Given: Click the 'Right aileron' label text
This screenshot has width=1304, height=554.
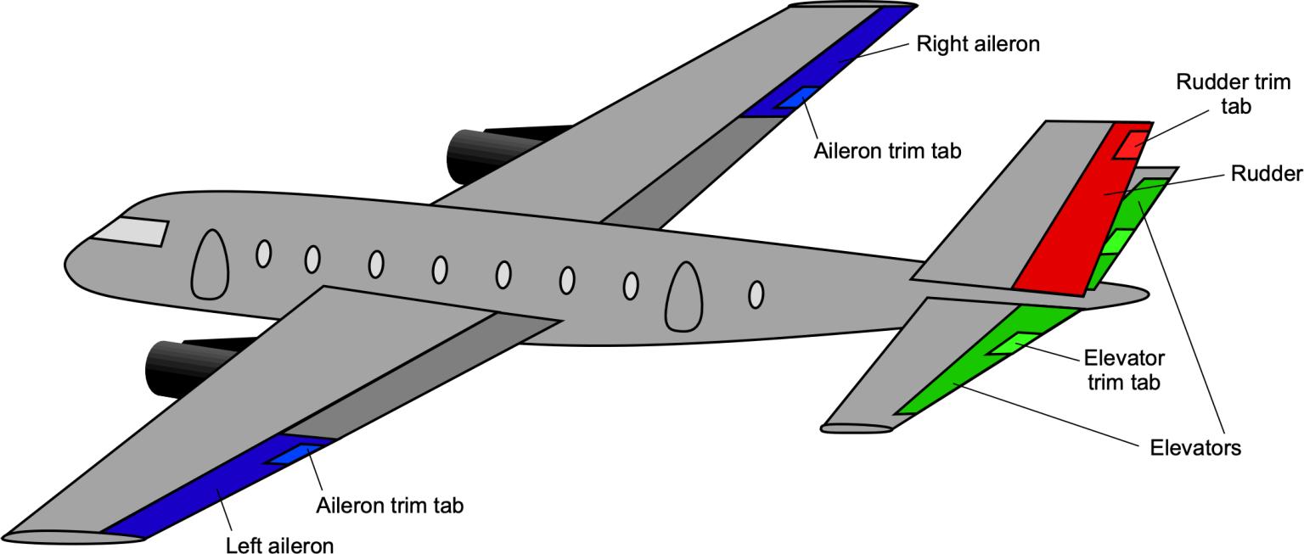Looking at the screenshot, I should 977,44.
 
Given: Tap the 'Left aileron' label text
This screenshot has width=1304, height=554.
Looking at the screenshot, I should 279,544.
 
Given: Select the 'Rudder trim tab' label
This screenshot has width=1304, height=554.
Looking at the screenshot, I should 1233,94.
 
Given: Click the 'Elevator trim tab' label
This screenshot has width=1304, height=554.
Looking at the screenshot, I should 1124,369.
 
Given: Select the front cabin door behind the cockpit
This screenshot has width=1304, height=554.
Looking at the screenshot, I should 210,265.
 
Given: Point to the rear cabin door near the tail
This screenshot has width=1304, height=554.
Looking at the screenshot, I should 684,296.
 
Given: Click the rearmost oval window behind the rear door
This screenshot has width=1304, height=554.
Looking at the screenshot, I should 756,294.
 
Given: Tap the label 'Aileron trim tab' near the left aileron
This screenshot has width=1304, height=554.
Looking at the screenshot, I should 390,506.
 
